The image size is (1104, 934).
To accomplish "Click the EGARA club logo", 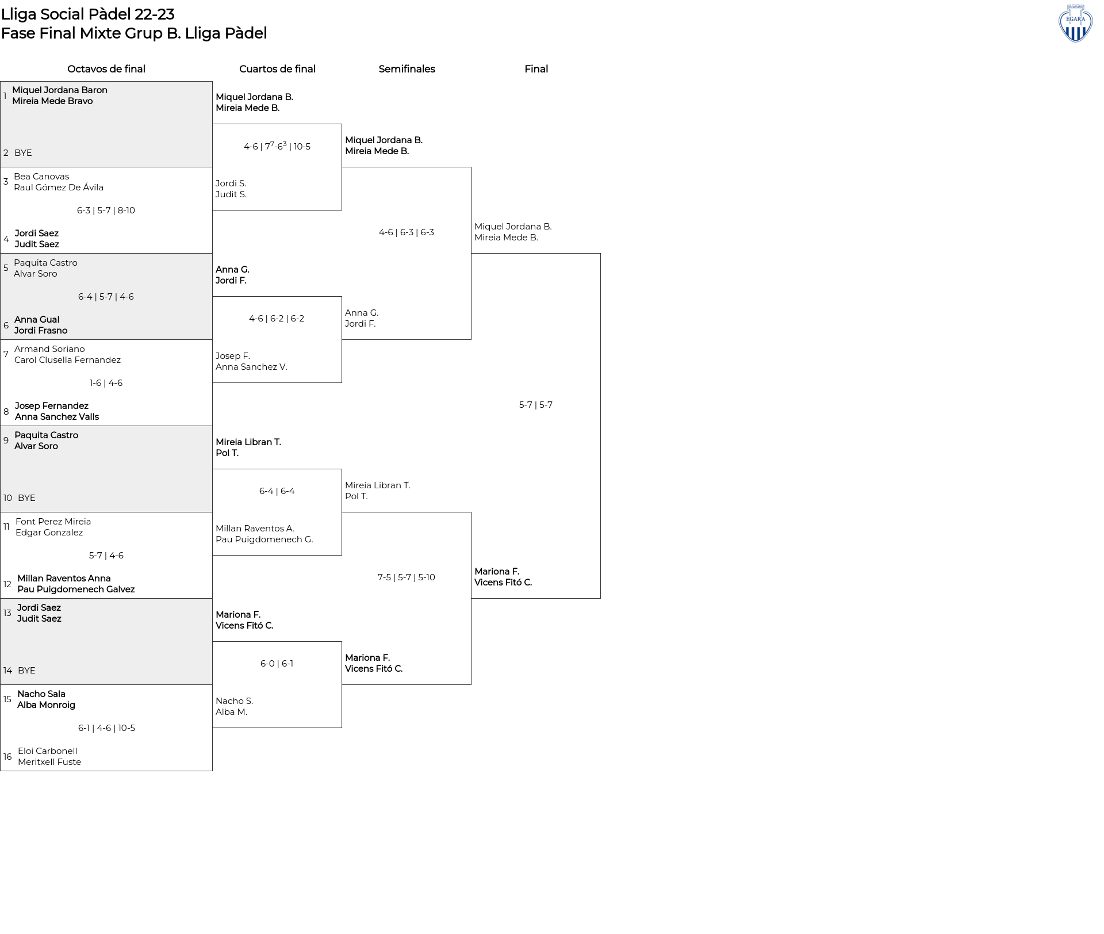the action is point(1075,23).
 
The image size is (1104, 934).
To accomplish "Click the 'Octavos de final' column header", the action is point(106,69).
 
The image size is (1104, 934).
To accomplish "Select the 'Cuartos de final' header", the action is point(277,69).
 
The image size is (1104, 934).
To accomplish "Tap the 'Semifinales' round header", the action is point(407,69).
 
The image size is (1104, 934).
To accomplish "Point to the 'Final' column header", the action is point(536,69).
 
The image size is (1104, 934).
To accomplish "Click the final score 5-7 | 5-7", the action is point(536,405).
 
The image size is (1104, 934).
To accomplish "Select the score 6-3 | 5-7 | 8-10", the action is point(106,210).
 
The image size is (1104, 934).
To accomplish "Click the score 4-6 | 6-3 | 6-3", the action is point(407,232).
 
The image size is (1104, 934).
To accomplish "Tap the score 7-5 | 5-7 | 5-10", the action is point(407,577).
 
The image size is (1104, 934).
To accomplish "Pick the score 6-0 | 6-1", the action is point(277,664).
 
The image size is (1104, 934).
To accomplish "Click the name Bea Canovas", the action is point(41,177).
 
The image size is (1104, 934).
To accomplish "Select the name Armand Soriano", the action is point(49,349).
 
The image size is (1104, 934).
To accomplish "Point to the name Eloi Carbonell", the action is point(48,751).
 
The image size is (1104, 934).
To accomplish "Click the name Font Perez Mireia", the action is point(53,522).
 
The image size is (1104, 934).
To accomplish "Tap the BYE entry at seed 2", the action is point(23,153).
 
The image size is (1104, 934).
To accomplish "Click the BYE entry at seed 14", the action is point(26,671).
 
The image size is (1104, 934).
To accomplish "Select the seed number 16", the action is point(7,757).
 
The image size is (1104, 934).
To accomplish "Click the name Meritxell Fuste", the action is point(49,762).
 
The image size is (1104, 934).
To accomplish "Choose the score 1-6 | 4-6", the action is point(106,383).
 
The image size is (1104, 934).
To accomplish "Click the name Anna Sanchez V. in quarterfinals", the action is point(251,367).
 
